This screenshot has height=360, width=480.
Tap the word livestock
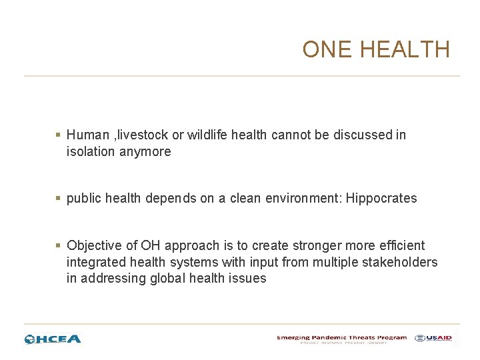[x=144, y=135]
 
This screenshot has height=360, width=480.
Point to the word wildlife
[x=210, y=135]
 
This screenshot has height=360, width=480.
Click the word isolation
[x=91, y=151]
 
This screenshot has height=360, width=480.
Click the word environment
[x=303, y=198]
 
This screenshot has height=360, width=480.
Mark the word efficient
[x=400, y=245]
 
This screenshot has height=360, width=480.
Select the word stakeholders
[x=399, y=262]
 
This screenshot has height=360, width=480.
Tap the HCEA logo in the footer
[x=53, y=339]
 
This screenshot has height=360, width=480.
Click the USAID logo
[x=433, y=338]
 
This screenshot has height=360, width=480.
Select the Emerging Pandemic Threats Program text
[x=341, y=337]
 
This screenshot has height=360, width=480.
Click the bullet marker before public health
[x=59, y=199]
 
